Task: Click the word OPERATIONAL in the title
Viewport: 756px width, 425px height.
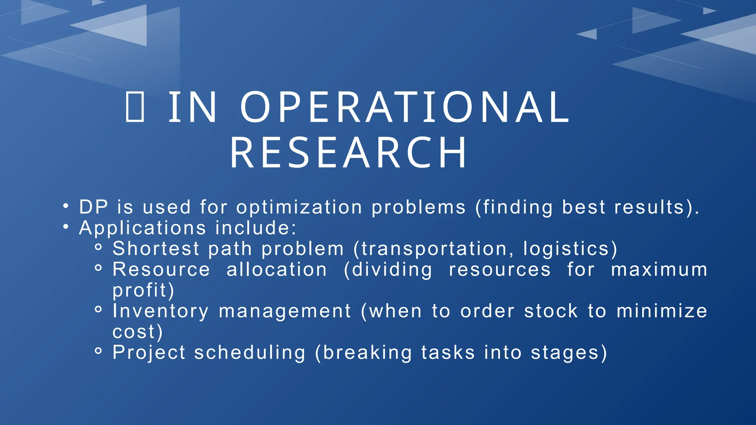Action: [405, 107]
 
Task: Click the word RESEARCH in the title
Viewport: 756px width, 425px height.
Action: [349, 153]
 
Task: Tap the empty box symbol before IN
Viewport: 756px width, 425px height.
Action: [135, 107]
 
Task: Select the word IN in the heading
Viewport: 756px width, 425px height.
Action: [193, 107]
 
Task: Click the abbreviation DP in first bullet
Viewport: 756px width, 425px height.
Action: [93, 207]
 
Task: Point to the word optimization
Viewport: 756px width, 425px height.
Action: [299, 207]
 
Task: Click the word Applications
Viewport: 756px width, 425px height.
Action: [142, 228]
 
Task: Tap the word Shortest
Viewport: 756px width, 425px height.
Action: [156, 248]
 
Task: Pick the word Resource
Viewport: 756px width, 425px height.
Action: [161, 269]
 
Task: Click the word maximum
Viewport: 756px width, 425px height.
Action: [659, 269]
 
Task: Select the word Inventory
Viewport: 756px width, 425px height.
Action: [161, 311]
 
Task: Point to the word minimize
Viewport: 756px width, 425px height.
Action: [662, 311]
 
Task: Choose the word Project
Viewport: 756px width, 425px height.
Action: [149, 352]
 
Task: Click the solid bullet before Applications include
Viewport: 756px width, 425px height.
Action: [66, 227]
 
